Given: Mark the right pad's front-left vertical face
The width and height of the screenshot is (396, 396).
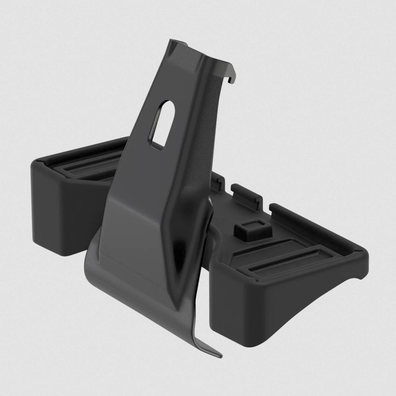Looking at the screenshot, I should pyautogui.click(x=228, y=290).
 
